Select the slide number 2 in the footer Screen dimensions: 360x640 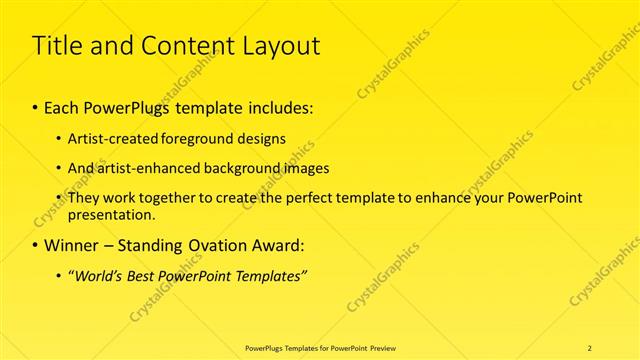click(x=590, y=348)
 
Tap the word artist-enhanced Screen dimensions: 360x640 click(x=136, y=168)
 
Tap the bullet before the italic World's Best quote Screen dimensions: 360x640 click(x=58, y=275)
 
